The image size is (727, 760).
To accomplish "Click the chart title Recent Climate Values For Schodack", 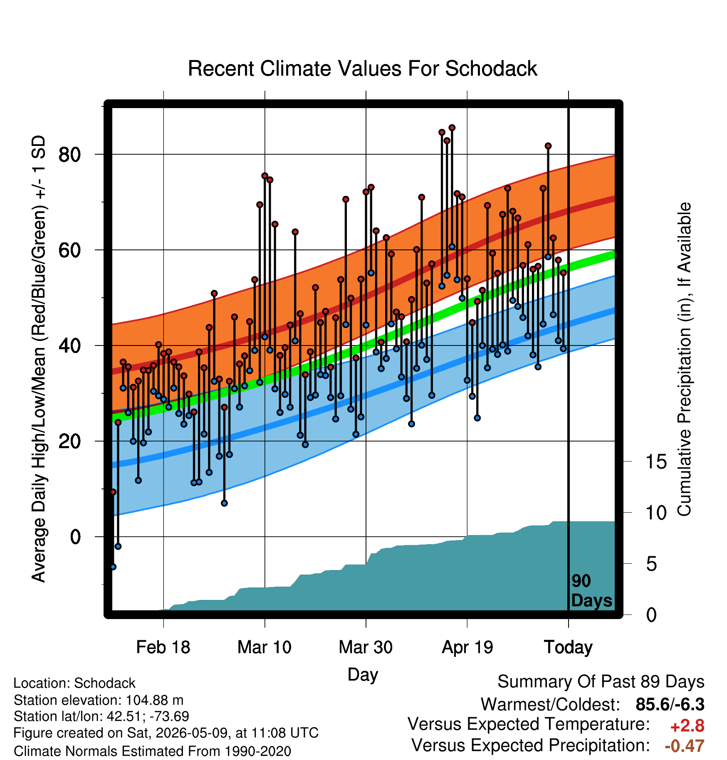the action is coord(362,69).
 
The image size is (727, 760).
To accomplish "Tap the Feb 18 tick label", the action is coord(163,647).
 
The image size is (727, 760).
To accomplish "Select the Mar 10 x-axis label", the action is coord(265,647).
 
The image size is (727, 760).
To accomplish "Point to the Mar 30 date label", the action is coord(366,647).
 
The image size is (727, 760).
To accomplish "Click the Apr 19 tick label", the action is coord(467,648).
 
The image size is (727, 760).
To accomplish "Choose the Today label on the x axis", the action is coord(568,648).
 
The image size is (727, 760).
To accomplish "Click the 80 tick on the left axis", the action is coord(69,155).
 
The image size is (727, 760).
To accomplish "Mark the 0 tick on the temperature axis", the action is coord(75,537).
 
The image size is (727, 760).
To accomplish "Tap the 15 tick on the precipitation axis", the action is coord(656,462).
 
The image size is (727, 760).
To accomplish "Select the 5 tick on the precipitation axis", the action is coord(651,564).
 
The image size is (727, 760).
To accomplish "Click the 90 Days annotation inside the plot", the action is coord(591,591).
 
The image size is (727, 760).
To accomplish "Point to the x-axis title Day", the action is coord(363,675).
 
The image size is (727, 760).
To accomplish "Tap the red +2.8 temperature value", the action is coord(687,726).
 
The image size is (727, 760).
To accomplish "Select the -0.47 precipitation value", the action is coord(685,746).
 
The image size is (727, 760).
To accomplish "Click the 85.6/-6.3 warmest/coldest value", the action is coord(670,705).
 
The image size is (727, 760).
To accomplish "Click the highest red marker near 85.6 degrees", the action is coord(452,128).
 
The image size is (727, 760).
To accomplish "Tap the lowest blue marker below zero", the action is coord(113,567).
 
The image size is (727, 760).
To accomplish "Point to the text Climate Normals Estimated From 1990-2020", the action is coord(152,751).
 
